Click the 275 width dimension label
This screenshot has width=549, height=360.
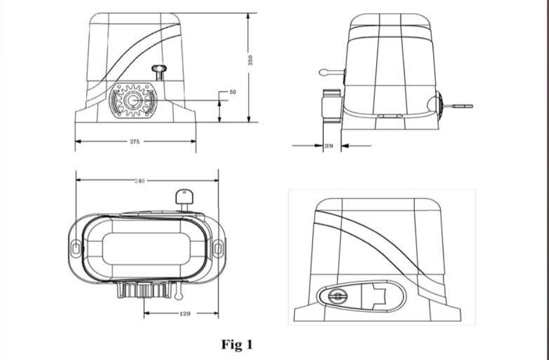[135, 142]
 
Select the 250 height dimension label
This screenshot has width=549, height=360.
[250, 60]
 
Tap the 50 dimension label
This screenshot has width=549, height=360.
[233, 92]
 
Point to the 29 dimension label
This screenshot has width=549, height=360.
[329, 146]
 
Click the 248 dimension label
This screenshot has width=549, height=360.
[139, 181]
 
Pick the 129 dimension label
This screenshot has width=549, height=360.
[185, 314]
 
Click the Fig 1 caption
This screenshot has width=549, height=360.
[237, 345]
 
